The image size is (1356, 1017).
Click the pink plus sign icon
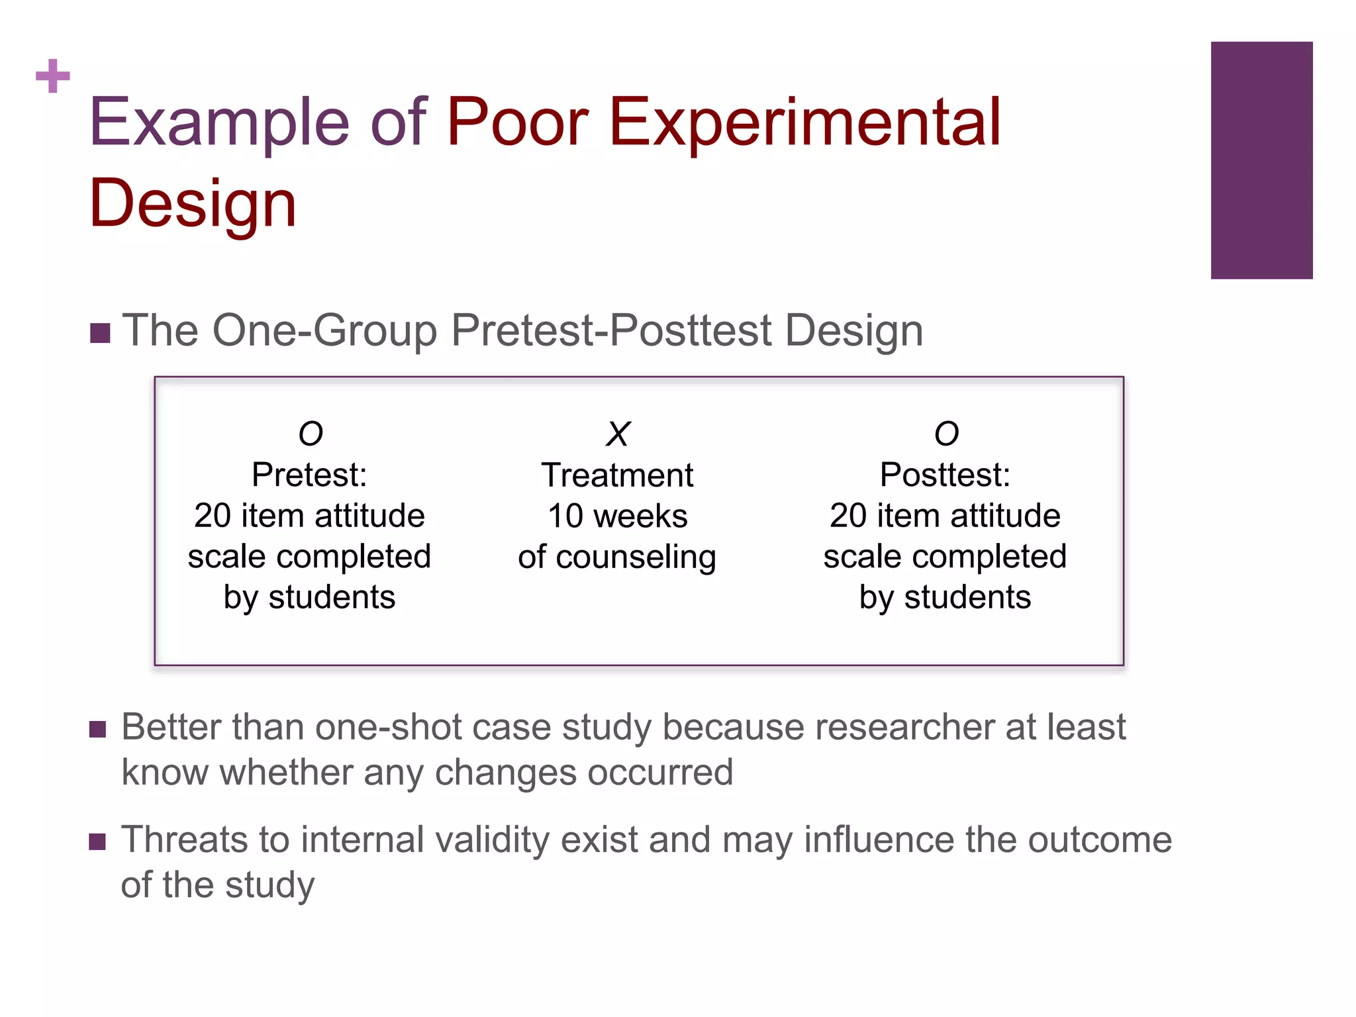click(53, 76)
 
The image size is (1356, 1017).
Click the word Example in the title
click(219, 122)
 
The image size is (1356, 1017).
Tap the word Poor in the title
click(518, 122)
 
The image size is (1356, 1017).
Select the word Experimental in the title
click(804, 122)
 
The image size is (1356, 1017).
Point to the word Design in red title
click(193, 204)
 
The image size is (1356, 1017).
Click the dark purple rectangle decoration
click(1261, 160)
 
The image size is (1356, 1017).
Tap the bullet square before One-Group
click(99, 333)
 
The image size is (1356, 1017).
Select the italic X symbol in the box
click(618, 434)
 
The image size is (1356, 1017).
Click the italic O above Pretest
click(311, 434)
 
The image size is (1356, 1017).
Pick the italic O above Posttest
click(946, 434)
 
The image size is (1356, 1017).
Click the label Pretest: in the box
click(309, 475)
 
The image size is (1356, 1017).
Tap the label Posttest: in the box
click(945, 475)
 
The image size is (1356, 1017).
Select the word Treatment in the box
click(617, 475)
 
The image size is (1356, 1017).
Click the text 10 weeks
click(617, 516)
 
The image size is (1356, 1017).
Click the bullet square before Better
click(97, 730)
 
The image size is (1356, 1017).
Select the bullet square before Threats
click(97, 842)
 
